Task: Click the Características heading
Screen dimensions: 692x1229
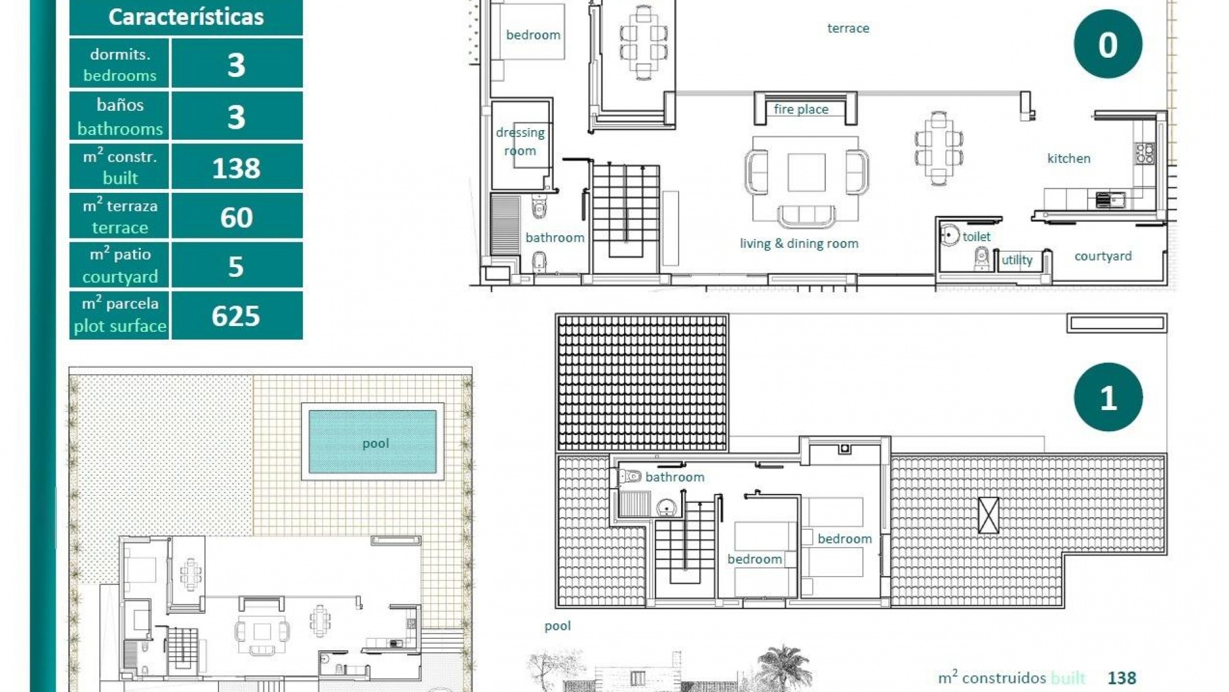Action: click(186, 17)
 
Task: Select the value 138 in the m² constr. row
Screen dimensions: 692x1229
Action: click(236, 168)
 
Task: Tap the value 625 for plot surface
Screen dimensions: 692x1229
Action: click(236, 316)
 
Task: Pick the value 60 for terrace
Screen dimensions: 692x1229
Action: click(236, 217)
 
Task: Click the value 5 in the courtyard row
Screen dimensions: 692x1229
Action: click(236, 267)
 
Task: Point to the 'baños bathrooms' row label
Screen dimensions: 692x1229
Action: click(120, 117)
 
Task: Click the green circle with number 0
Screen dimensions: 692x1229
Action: click(1107, 44)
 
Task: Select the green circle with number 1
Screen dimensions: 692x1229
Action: click(1107, 397)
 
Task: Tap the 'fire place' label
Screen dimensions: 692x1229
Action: click(801, 110)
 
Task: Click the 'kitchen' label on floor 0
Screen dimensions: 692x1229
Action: click(1068, 158)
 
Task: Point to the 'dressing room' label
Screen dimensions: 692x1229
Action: click(520, 142)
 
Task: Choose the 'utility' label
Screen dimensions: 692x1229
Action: click(1016, 259)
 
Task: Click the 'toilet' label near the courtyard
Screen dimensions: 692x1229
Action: click(976, 236)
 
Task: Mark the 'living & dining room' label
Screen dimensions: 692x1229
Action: click(799, 243)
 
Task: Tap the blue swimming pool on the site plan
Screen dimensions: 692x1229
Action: click(373, 442)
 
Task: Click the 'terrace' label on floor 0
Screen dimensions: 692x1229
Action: click(847, 28)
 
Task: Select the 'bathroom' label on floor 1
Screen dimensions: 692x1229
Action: click(675, 477)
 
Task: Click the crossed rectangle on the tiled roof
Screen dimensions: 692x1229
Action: click(988, 515)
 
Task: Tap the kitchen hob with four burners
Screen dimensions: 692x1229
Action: click(1145, 153)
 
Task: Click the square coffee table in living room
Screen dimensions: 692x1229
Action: click(806, 172)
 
